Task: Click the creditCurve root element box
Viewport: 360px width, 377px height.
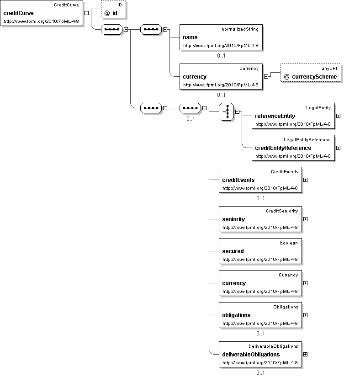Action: pyautogui.click(x=42, y=13)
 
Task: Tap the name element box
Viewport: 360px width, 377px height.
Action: pyautogui.click(x=221, y=37)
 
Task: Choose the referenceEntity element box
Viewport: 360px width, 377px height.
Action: pyautogui.click(x=293, y=116)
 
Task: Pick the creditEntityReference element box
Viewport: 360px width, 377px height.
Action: pyautogui.click(x=293, y=148)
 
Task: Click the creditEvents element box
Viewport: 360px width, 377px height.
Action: pyautogui.click(x=260, y=180)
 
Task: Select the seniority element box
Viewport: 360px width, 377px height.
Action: pyautogui.click(x=260, y=219)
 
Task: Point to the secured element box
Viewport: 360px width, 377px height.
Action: pyautogui.click(x=260, y=251)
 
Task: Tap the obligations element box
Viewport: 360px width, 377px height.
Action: pyautogui.click(x=260, y=315)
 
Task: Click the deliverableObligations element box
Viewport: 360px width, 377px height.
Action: pyautogui.click(x=260, y=354)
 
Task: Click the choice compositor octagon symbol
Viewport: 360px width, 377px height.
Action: pyautogui.click(x=227, y=112)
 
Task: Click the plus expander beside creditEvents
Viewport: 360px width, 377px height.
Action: pyautogui.click(x=305, y=180)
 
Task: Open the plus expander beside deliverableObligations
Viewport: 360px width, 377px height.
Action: pyautogui.click(x=305, y=354)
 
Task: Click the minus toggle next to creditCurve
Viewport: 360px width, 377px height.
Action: pyautogui.click(x=86, y=13)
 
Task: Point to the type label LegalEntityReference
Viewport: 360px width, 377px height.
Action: pyautogui.click(x=307, y=139)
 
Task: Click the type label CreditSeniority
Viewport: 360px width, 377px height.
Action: pyautogui.click(x=282, y=211)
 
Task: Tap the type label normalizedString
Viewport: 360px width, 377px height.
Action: pyautogui.click(x=240, y=29)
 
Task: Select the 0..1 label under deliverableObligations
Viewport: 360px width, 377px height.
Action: pyautogui.click(x=260, y=372)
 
